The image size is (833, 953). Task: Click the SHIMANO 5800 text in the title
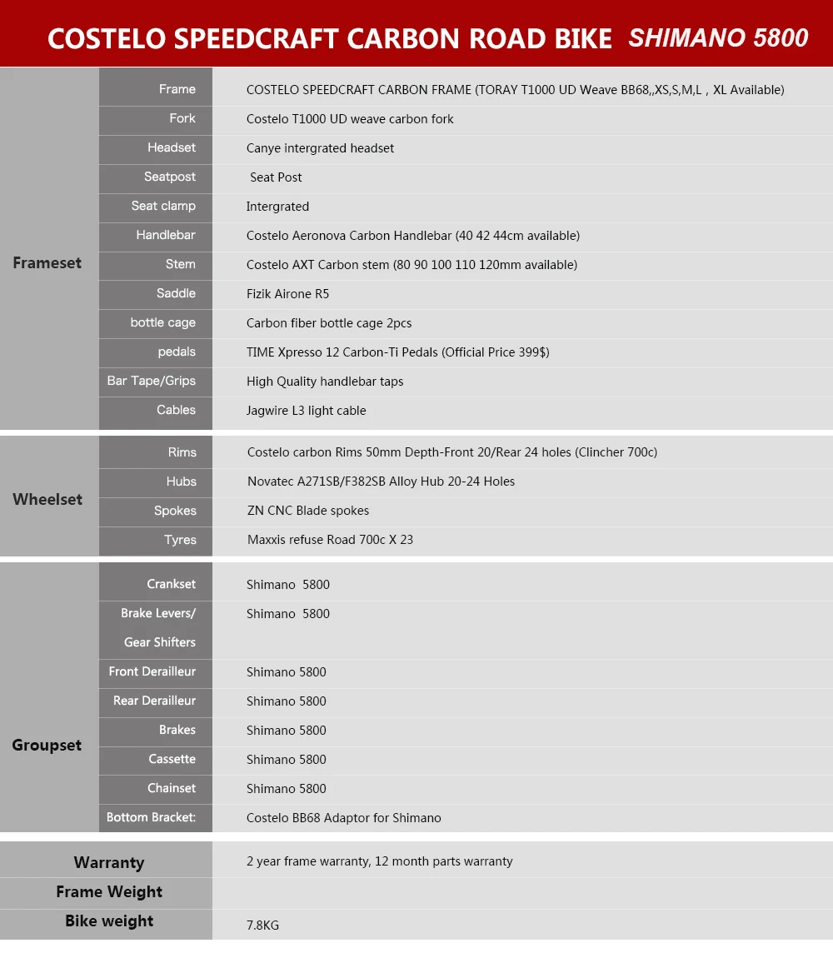coord(718,38)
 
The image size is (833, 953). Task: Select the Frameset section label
coord(47,263)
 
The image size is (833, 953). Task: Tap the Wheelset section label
coord(47,500)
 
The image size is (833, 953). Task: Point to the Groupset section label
coord(47,746)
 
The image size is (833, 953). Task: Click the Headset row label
coord(172,147)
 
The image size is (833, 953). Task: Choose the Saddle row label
coord(176,293)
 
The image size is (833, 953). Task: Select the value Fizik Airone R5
coord(288,294)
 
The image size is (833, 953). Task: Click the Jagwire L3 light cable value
coord(306,411)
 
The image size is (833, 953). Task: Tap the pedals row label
coord(177,352)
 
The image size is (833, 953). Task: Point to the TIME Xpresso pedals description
coord(397,352)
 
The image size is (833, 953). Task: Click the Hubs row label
coord(181,481)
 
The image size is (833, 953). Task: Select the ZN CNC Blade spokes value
coord(308,511)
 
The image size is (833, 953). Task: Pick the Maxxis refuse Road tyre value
coord(330,540)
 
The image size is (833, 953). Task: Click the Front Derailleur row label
coord(152,671)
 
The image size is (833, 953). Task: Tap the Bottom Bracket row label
coord(151,817)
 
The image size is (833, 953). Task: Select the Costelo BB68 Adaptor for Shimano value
coord(343,818)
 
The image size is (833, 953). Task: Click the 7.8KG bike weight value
coord(263,926)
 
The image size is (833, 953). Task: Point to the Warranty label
coord(108,862)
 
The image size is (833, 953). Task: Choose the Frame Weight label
coord(109,892)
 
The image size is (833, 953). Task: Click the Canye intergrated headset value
coord(320,148)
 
